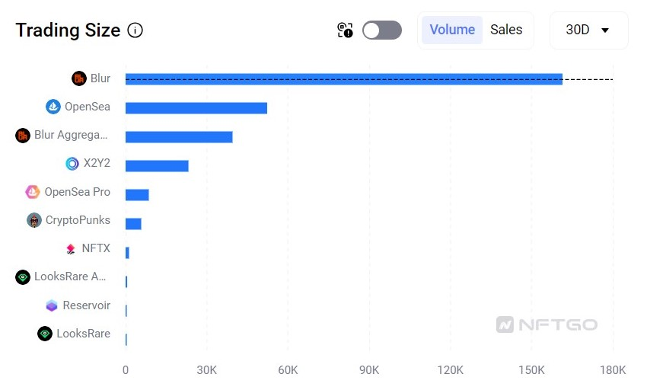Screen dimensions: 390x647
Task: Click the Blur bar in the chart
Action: coord(343,79)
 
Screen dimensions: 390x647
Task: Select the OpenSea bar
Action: coord(196,108)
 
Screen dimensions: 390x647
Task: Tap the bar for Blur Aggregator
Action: coord(179,137)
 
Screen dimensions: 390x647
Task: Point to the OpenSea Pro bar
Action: coord(137,194)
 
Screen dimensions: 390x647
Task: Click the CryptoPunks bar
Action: coord(133,223)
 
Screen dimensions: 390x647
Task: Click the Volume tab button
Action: coord(452,30)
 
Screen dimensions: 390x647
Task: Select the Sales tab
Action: coord(506,30)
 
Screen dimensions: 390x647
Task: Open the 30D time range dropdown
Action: coord(588,30)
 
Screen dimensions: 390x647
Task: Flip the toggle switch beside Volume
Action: coord(382,30)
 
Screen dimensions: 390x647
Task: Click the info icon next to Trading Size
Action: coord(135,30)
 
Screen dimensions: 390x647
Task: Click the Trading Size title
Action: coord(68,30)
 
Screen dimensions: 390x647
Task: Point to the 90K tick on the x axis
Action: coord(369,370)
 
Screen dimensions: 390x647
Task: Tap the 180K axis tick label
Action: coord(613,370)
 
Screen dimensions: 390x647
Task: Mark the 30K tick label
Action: coord(207,370)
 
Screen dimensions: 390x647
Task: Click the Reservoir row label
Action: coord(86,305)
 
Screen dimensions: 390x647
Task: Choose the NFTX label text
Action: coord(96,248)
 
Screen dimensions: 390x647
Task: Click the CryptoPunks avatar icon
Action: coord(34,220)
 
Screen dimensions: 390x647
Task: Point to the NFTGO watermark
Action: coord(547,325)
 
